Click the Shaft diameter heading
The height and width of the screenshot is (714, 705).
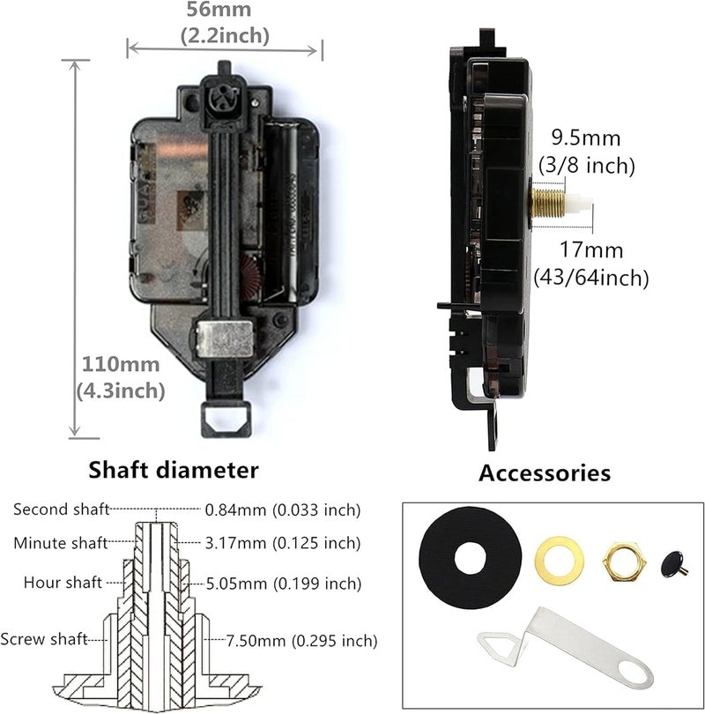[174, 469]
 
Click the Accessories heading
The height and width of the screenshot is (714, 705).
[544, 472]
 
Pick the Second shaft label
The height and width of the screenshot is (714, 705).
[61, 509]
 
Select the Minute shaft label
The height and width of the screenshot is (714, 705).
[61, 542]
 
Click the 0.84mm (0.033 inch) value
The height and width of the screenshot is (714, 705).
[283, 509]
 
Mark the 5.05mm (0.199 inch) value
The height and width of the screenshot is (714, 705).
[283, 584]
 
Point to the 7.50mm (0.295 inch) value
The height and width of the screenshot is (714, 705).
[291, 640]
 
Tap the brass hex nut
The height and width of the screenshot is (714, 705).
[620, 559]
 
